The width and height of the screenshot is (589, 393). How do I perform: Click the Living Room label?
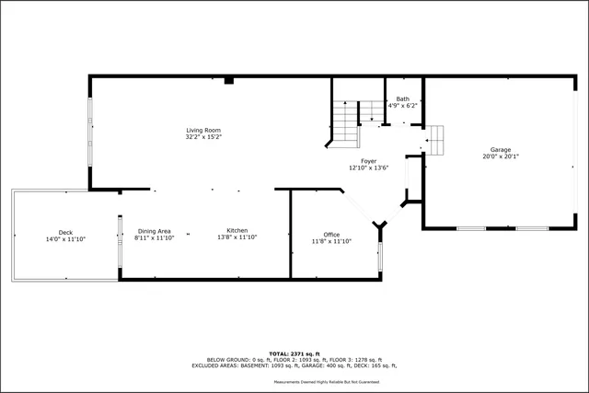(203, 130)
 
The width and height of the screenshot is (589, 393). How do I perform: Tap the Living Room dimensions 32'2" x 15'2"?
(203, 136)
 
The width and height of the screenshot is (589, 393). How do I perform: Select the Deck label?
(65, 232)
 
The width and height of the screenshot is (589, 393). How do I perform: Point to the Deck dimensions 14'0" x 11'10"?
(65, 238)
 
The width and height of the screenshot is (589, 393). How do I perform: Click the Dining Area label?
(154, 231)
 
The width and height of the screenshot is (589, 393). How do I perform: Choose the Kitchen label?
(237, 231)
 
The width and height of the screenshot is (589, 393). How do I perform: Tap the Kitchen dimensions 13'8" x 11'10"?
(237, 237)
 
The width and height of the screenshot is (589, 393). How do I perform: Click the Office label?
(331, 235)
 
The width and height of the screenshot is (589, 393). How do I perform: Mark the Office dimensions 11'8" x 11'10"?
(331, 241)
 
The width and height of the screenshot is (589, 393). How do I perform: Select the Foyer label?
(368, 161)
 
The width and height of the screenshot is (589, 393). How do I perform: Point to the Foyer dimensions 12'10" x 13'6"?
(368, 168)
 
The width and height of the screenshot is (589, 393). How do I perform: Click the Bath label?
(403, 98)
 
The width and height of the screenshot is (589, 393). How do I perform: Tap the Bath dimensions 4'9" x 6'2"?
(403, 106)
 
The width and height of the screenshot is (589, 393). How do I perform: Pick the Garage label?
(500, 149)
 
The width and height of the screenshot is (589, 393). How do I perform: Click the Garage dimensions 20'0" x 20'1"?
(500, 156)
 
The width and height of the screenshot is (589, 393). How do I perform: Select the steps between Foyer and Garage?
(434, 140)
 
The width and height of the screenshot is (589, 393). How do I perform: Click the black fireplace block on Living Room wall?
(229, 81)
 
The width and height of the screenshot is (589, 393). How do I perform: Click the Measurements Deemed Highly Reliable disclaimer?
(326, 381)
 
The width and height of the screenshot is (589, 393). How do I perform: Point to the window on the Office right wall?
(379, 253)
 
